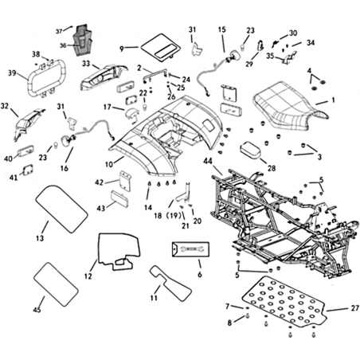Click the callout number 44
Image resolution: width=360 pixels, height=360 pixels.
point(209,161)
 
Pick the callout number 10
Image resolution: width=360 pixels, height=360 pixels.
point(109,165)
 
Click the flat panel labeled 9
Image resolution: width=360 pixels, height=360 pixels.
point(160,46)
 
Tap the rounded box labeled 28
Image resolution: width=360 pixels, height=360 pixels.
point(251,151)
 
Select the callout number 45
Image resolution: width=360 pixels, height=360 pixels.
point(37,310)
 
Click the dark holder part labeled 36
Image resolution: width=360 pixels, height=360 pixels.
point(83,41)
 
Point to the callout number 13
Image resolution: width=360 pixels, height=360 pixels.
point(40,238)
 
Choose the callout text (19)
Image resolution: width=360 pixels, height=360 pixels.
point(174,216)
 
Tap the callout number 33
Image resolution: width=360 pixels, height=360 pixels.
point(86,64)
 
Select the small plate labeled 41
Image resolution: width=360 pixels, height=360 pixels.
point(28,170)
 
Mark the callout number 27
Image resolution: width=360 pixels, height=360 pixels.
point(355,308)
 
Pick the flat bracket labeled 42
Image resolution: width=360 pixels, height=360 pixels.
point(124,181)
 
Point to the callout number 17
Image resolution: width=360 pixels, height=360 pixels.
point(108,107)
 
